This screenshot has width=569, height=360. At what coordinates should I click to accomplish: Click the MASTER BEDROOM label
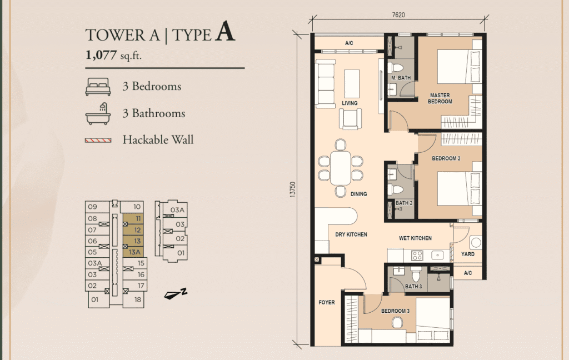pyautogui.click(x=440, y=98)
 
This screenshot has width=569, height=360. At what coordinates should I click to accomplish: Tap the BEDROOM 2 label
pyautogui.click(x=446, y=158)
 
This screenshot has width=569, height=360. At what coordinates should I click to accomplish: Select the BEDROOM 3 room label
pyautogui.click(x=395, y=311)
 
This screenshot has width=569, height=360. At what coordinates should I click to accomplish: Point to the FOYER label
pyautogui.click(x=327, y=302)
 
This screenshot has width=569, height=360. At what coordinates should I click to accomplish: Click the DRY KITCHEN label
pyautogui.click(x=351, y=234)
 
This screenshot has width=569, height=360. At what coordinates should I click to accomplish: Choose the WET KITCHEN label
pyautogui.click(x=415, y=238)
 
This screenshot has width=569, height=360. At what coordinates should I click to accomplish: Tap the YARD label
pyautogui.click(x=468, y=254)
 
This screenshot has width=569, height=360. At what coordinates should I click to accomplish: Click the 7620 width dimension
pyautogui.click(x=398, y=15)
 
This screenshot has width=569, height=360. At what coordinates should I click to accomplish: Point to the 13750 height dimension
pyautogui.click(x=293, y=190)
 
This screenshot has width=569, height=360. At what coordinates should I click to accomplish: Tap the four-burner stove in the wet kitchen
pyautogui.click(x=417, y=256)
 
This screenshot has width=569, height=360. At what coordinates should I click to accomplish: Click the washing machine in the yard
pyautogui.click(x=476, y=242)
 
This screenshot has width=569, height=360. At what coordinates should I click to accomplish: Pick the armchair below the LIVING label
pyautogui.click(x=350, y=119)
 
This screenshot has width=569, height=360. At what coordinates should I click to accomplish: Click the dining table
pyautogui.click(x=341, y=168)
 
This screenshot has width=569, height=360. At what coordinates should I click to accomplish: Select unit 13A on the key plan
pyautogui.click(x=133, y=252)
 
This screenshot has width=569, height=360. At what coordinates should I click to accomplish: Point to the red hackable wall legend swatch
pyautogui.click(x=98, y=140)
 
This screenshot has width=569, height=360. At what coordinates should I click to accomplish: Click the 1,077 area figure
pyautogui.click(x=101, y=55)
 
